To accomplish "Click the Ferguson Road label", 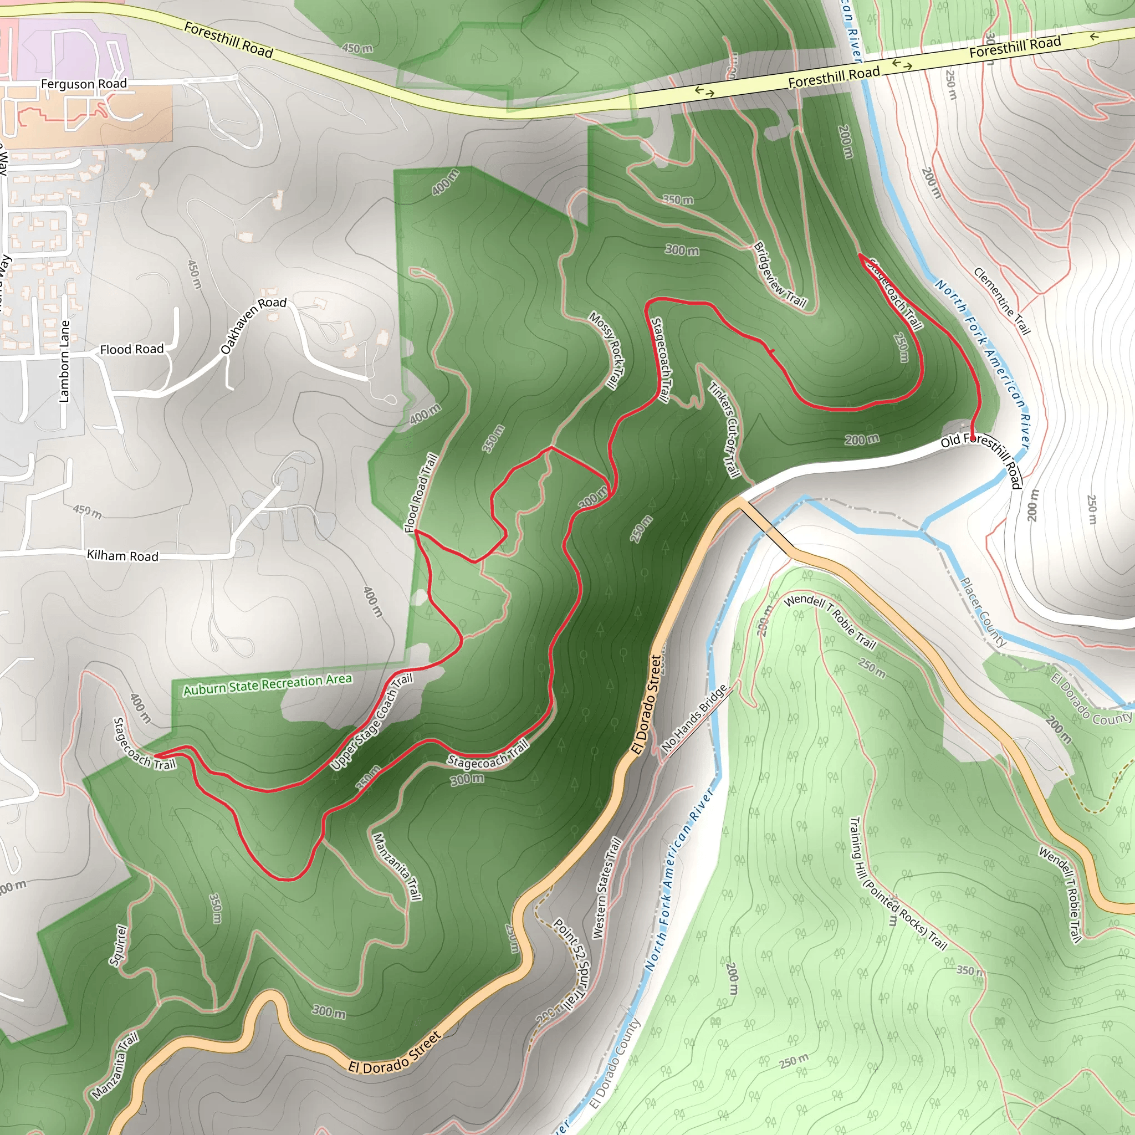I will (x=84, y=84).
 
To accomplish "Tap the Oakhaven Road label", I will (x=253, y=325).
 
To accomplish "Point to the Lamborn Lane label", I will (x=64, y=361).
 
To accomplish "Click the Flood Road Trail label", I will (x=421, y=493).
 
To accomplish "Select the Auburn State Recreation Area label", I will (x=267, y=684).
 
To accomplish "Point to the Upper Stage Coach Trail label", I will (x=371, y=722).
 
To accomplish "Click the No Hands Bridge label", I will (x=694, y=718).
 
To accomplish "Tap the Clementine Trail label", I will (x=1001, y=301).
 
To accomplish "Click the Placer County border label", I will (x=982, y=612).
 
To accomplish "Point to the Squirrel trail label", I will (x=117, y=945).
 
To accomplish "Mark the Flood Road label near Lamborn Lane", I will (x=131, y=349).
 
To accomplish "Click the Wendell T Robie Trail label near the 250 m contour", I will (x=830, y=621).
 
